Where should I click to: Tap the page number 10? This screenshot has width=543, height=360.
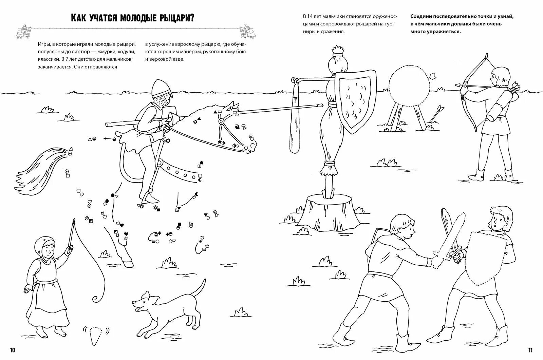coord(13,350)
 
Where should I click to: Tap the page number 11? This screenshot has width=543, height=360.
coord(530,350)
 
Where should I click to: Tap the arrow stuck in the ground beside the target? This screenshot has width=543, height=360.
coord(436,114)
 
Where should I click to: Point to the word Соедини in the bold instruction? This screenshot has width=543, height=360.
coord(420,16)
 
